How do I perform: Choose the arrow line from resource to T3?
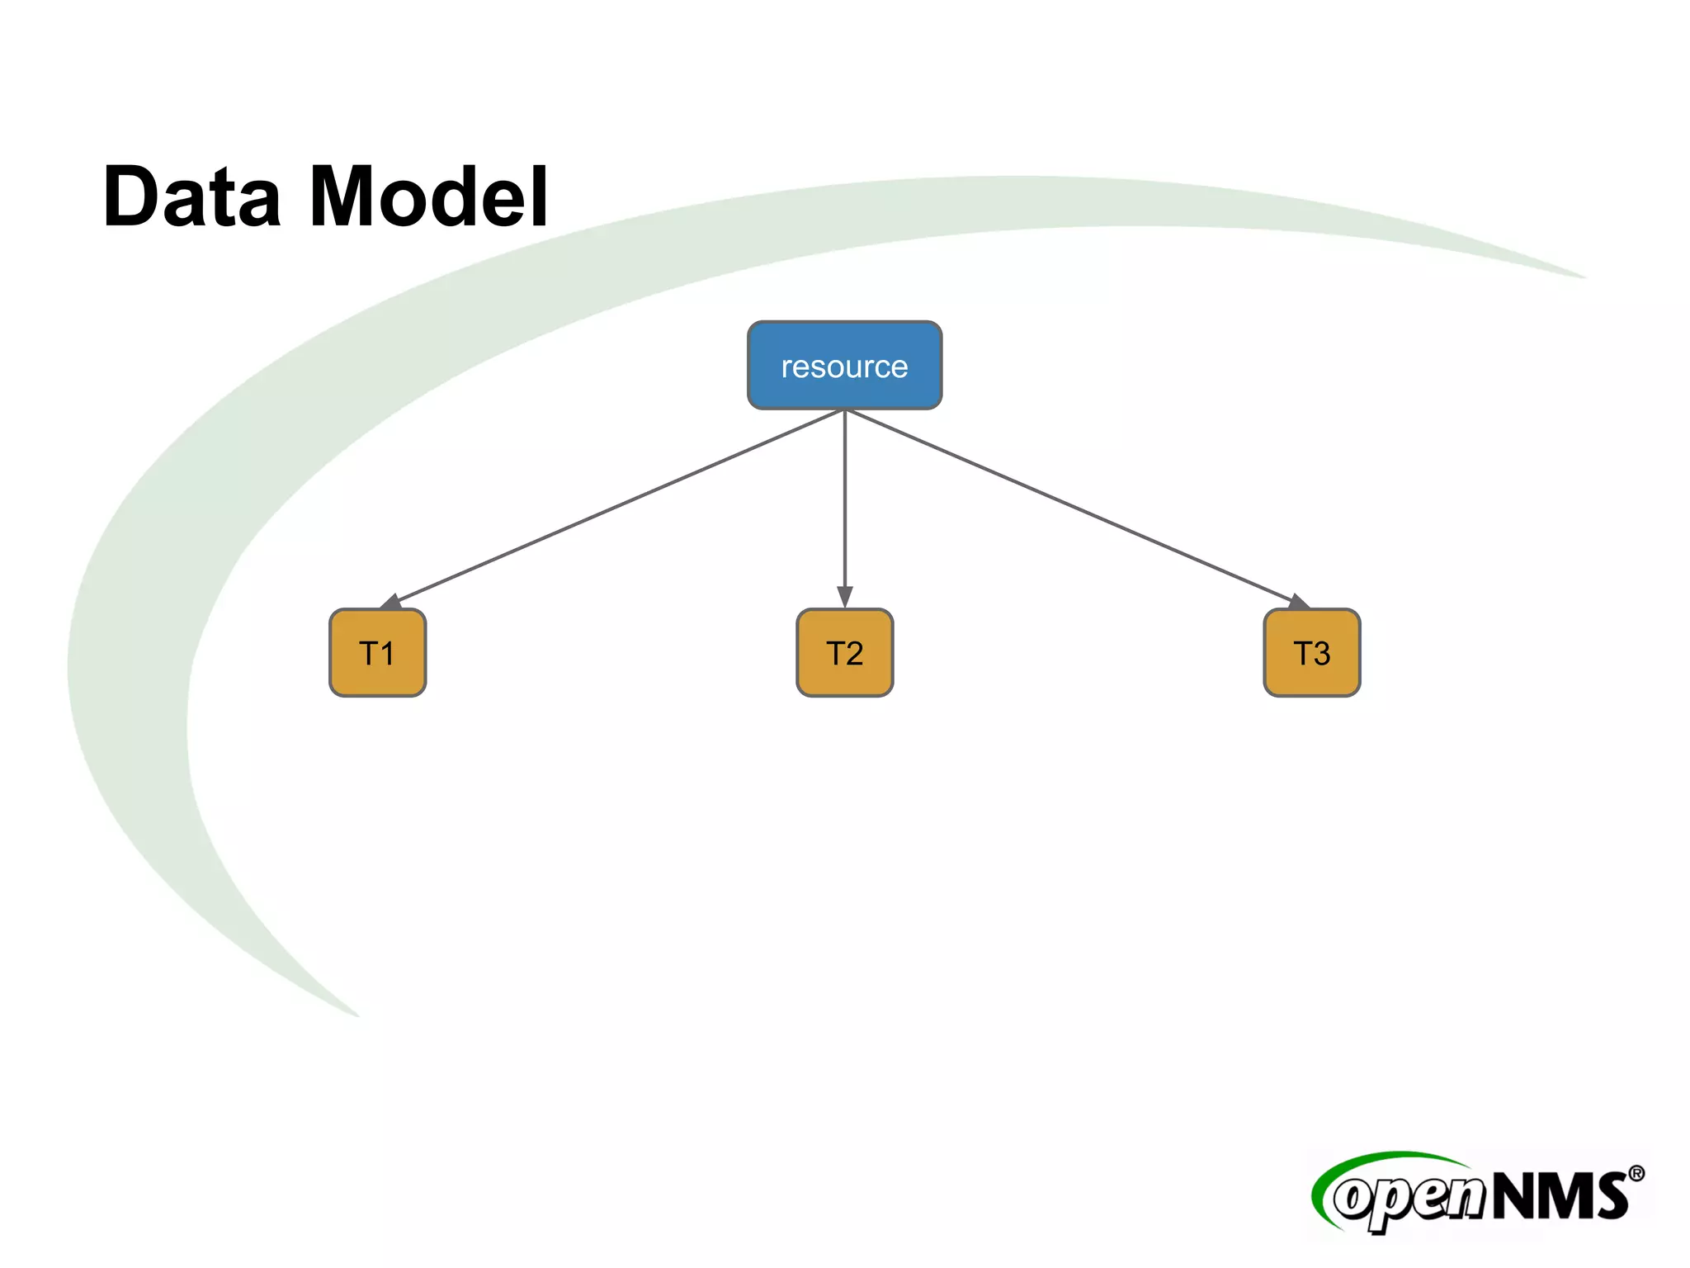pos(1073,506)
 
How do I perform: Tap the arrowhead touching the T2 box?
pos(844,597)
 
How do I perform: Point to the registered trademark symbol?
pos(1636,1174)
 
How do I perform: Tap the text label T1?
pos(377,654)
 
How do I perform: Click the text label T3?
pos(1311,654)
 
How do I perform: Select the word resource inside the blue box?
pos(844,367)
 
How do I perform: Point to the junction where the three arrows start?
pos(844,410)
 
